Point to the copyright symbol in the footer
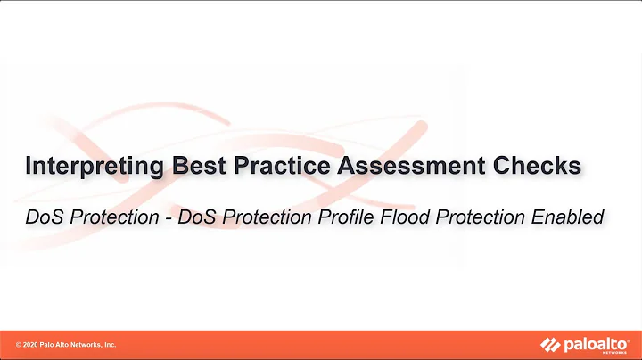tap(20, 345)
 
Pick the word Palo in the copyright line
tap(52, 345)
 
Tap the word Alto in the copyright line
tap(67, 345)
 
